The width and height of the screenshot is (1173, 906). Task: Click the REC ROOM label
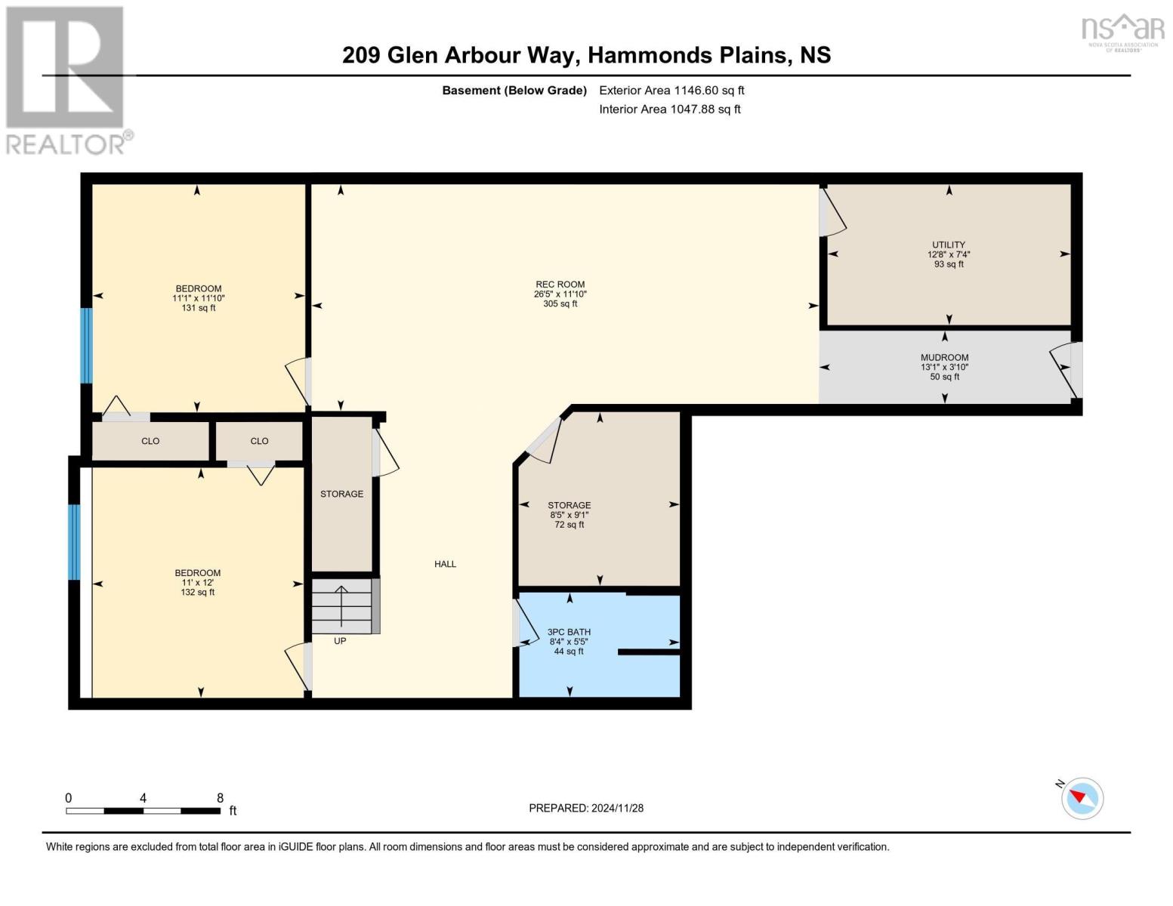(560, 285)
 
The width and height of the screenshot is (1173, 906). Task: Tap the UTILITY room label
(948, 245)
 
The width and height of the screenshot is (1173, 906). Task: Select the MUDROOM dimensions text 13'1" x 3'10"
(944, 367)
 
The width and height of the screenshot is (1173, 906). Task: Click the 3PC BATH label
(569, 632)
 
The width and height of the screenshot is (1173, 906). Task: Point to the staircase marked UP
(341, 606)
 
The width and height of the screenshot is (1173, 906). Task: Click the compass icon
(1082, 798)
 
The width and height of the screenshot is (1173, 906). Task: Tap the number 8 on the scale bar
(220, 797)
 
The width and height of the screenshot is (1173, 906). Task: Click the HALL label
(445, 564)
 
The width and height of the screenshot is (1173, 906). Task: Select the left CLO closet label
(150, 441)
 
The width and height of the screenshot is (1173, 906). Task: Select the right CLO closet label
(259, 441)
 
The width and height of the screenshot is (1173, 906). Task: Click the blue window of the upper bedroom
(86, 345)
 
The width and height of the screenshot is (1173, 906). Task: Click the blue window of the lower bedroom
(74, 541)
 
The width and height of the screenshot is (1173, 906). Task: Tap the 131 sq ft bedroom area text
(199, 308)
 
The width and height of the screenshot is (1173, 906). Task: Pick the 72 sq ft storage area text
(569, 525)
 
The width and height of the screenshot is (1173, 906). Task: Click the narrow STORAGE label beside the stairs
(341, 494)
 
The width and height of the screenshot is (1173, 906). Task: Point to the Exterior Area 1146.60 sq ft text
(671, 90)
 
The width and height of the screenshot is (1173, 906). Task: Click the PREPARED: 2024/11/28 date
(585, 808)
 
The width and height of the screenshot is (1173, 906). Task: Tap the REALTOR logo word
(66, 143)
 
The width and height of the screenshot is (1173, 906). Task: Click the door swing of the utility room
(833, 214)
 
